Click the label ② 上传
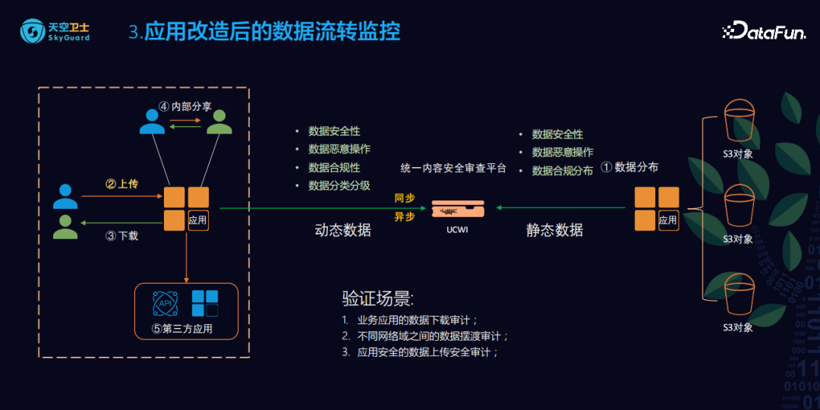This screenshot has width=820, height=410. pos(121,184)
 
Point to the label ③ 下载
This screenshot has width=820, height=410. pos(121,235)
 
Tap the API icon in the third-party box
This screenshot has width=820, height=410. pos(164,303)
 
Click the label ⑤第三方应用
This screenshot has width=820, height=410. pos(182,329)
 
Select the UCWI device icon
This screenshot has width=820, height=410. pos(457,207)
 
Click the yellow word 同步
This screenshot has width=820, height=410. pos(405,197)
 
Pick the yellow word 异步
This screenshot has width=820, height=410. pos(405,216)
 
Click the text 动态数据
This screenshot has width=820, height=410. pos(342,230)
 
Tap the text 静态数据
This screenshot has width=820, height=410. pos(554,230)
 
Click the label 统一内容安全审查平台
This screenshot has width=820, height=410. pos(453,168)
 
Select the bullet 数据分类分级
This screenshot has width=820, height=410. pos(339,185)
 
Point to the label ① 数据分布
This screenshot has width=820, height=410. pos(629,167)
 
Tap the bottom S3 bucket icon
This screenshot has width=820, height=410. pos(738,296)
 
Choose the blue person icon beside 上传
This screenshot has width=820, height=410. pos(65,197)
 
